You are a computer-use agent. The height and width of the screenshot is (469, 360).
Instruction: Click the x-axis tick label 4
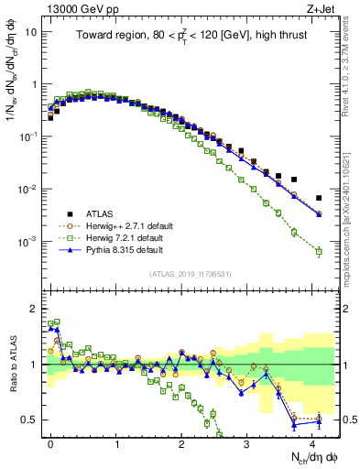point(311,442)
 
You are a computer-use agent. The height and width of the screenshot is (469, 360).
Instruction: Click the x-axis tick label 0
point(51,442)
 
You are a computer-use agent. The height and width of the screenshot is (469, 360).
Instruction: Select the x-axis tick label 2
point(181,442)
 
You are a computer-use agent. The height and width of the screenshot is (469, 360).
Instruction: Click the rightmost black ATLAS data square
point(319,198)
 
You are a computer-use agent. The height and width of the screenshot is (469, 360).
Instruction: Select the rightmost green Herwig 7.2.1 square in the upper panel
point(319,251)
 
